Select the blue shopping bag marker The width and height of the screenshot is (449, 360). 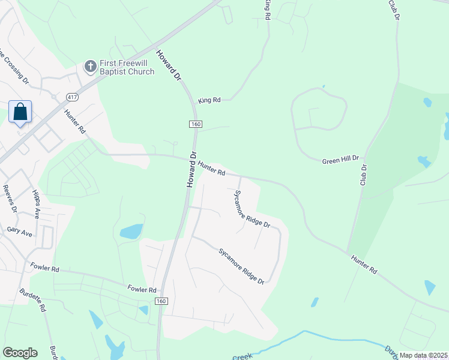20,112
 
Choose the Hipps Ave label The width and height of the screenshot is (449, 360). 35,204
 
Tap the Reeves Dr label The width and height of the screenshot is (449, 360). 9,199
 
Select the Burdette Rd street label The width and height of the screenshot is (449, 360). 41,298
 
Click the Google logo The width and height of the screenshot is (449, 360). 20,353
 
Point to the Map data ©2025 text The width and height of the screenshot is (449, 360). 423,355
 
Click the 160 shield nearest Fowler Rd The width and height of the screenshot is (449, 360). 160,301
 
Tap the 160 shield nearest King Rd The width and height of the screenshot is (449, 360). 195,124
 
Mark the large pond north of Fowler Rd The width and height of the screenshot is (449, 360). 131,231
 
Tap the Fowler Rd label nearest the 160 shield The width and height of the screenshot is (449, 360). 142,289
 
